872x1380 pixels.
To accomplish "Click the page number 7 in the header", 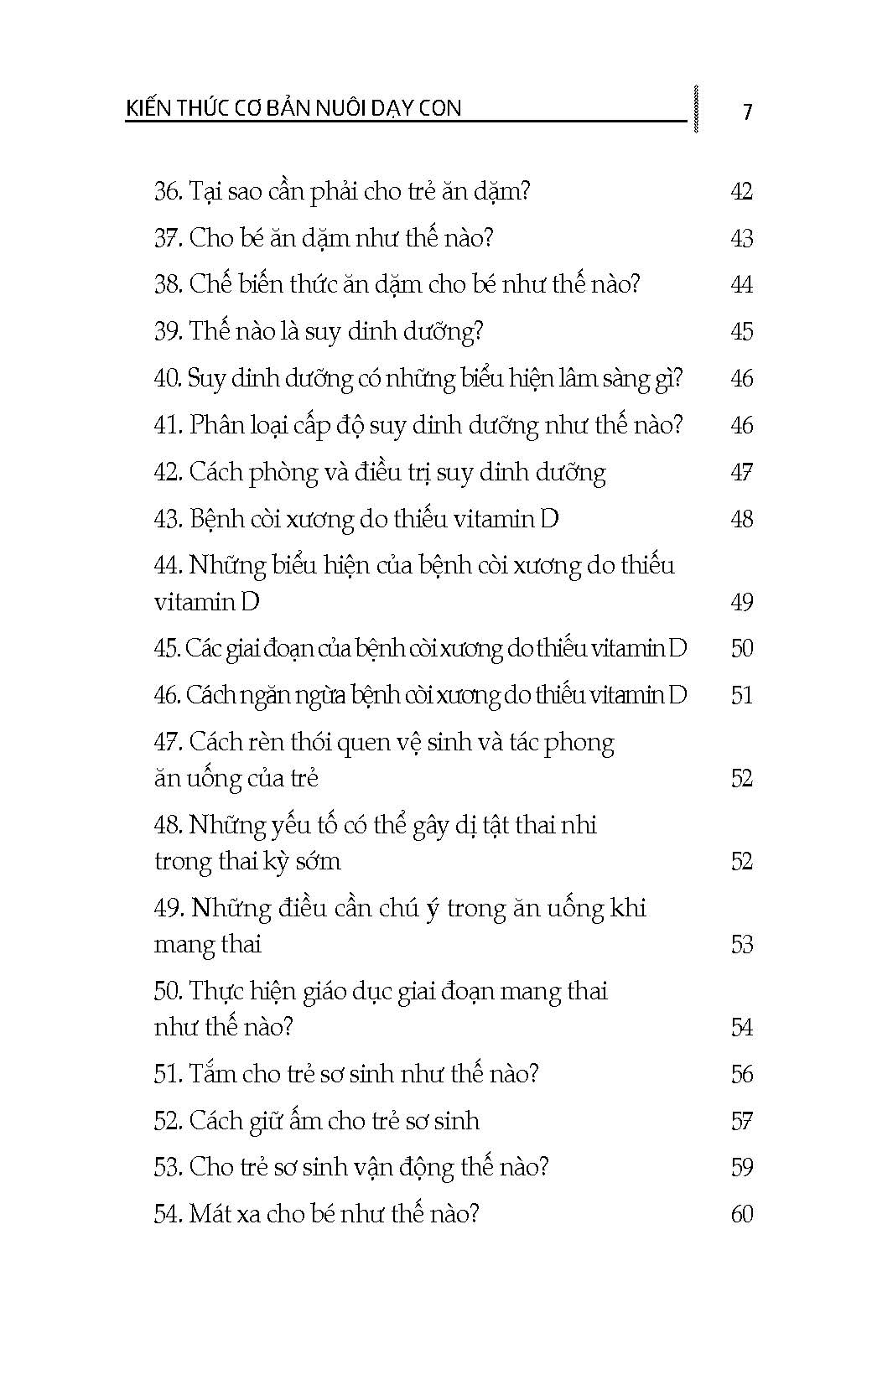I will coord(747,112).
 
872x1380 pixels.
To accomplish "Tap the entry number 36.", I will coord(168,191).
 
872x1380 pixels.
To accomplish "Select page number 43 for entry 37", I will coord(741,238).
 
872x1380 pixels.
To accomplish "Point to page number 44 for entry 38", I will coord(741,285).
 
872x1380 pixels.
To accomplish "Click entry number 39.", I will coord(168,331).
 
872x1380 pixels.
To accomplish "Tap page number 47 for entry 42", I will coord(741,472).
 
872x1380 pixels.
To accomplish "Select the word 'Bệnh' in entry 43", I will coord(215,519).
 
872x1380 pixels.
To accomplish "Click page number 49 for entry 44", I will coord(741,602).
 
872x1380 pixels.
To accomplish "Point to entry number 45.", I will coord(166,648).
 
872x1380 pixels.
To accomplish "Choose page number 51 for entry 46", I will coord(741,695).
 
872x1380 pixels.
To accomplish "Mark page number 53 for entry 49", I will coord(741,945).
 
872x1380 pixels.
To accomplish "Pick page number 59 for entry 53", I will coord(741,1167).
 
